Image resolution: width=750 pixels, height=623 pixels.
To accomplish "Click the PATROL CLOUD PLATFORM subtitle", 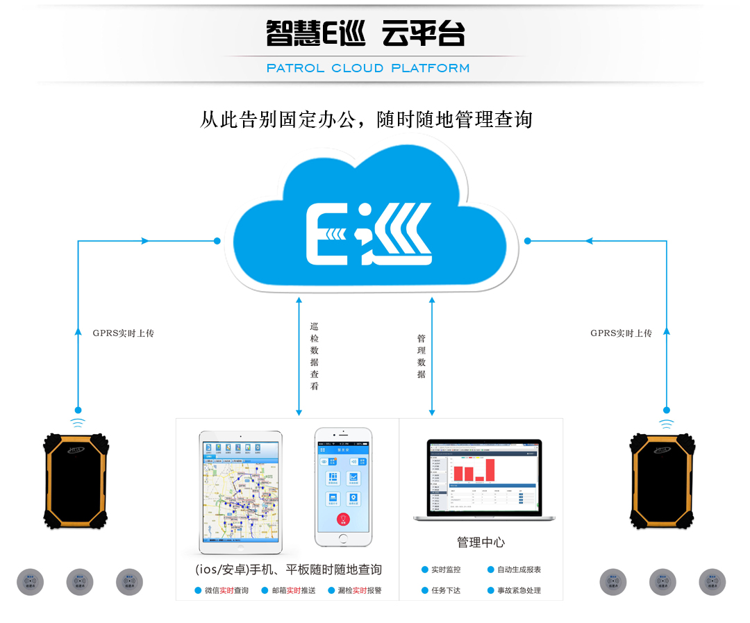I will click(x=368, y=68).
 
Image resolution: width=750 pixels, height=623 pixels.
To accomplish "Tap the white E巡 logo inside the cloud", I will click(x=369, y=234).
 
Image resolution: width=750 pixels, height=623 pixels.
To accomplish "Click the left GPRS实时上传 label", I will click(x=124, y=333).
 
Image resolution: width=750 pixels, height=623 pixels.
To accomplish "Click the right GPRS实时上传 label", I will click(x=621, y=333).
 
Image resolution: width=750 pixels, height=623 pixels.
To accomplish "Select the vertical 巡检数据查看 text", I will click(x=314, y=356).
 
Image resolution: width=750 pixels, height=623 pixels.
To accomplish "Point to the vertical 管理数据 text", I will click(x=422, y=356).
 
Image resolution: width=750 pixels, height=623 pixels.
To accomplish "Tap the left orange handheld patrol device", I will click(x=76, y=481).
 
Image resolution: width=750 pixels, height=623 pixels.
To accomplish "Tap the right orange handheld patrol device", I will click(x=662, y=481).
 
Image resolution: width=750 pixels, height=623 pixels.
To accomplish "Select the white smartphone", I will click(x=343, y=486).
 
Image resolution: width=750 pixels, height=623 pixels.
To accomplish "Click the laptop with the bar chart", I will click(x=481, y=481).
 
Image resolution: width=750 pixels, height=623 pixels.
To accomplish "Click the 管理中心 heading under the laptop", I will click(x=481, y=542).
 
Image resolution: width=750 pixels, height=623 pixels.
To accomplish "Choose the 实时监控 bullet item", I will click(x=445, y=570).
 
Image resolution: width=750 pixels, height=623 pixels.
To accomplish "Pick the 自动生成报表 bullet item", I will click(x=518, y=570).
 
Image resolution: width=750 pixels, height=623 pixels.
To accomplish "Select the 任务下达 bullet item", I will click(x=445, y=590).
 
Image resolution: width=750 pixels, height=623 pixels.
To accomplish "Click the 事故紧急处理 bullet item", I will click(x=518, y=590).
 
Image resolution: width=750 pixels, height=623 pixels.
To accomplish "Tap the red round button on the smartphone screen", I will click(x=342, y=519).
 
